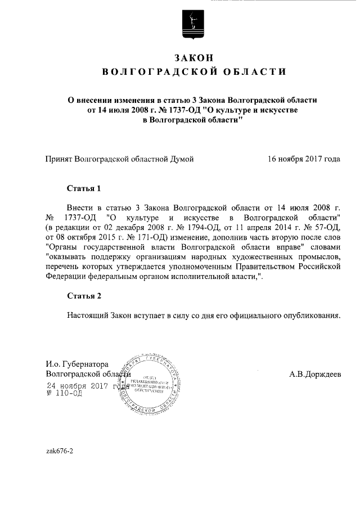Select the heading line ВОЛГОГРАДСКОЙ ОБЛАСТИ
(193, 73)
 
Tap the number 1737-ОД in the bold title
(186, 110)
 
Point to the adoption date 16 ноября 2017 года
(304, 159)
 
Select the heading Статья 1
(83, 188)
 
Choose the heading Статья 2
(83, 296)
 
